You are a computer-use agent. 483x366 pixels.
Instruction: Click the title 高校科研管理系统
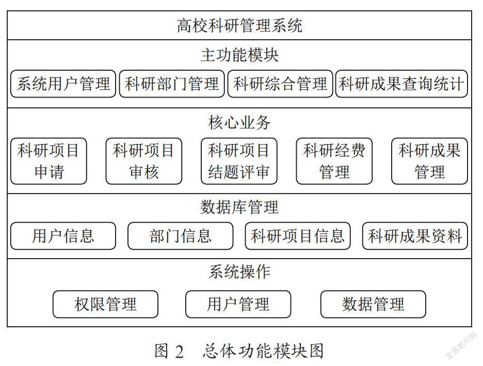tap(239, 25)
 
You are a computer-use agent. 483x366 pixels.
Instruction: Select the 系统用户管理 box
tap(63, 84)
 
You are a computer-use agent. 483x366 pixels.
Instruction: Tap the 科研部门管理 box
tap(171, 84)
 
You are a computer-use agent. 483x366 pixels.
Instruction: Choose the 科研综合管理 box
tap(280, 84)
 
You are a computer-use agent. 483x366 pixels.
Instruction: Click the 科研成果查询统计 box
tap(401, 84)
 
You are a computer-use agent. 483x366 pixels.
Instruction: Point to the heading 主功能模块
tap(239, 55)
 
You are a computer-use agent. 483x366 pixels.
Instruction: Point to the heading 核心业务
tap(239, 123)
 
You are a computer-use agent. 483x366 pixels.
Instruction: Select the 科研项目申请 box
tap(49, 161)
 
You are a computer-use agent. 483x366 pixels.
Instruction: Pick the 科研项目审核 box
tap(144, 161)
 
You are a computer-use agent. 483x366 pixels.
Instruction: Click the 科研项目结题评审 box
tap(239, 161)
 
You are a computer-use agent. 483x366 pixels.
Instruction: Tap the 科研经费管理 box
tap(334, 161)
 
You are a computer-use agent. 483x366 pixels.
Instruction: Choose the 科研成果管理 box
tap(429, 161)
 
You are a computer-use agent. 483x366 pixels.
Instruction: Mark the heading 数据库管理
tap(239, 207)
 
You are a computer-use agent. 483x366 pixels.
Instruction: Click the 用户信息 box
tap(63, 236)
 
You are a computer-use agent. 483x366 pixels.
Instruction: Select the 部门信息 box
tap(180, 236)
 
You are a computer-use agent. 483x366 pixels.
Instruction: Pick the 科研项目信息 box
tap(298, 236)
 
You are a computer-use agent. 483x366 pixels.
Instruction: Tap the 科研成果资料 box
tap(415, 236)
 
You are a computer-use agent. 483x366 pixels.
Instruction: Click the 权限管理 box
tap(105, 304)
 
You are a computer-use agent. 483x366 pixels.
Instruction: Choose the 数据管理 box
tap(373, 304)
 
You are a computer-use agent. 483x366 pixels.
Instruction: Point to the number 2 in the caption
tap(180, 352)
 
